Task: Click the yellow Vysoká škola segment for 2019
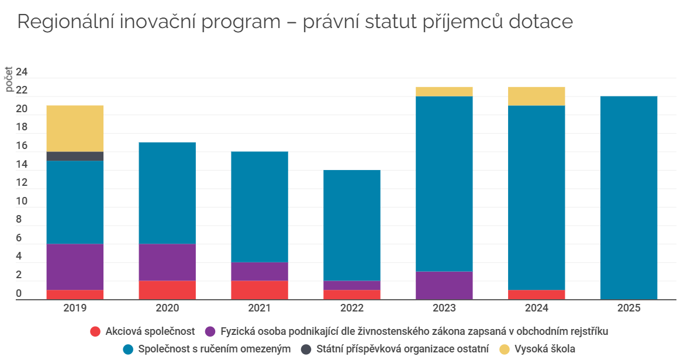pyautogui.click(x=75, y=129)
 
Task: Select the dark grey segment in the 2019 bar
pyautogui.click(x=75, y=156)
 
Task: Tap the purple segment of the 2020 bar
pyautogui.click(x=168, y=262)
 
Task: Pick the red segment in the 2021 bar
pyautogui.click(x=260, y=290)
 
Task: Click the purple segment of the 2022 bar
pyautogui.click(x=353, y=285)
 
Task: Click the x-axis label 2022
pyautogui.click(x=353, y=308)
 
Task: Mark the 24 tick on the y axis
pyautogui.click(x=22, y=72)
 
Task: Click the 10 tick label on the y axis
pyautogui.click(x=22, y=202)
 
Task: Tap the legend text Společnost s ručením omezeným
pyautogui.click(x=215, y=349)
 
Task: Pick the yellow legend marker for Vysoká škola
pyautogui.click(x=505, y=349)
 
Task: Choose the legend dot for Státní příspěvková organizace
pyautogui.click(x=306, y=349)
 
